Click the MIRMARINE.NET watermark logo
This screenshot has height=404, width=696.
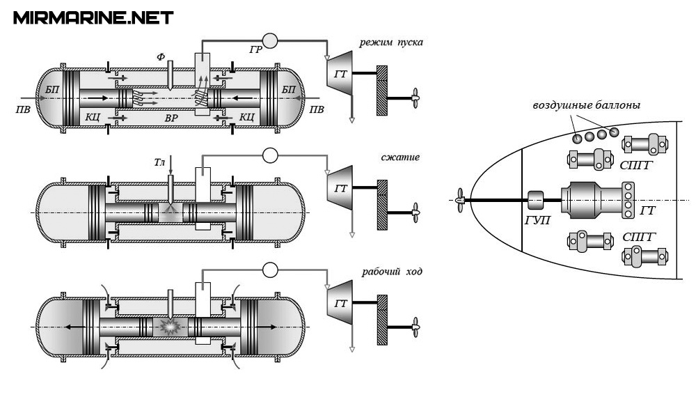pyautogui.click(x=93, y=18)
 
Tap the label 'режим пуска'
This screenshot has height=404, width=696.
pyautogui.click(x=391, y=42)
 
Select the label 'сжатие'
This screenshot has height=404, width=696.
pyautogui.click(x=400, y=157)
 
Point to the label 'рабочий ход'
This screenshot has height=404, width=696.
pyautogui.click(x=392, y=272)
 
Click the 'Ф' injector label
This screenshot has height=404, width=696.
pyautogui.click(x=161, y=56)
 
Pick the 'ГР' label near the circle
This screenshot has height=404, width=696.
pyautogui.click(x=255, y=49)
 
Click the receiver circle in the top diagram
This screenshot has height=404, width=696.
pyautogui.click(x=270, y=41)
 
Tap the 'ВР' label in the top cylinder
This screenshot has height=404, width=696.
pyautogui.click(x=171, y=118)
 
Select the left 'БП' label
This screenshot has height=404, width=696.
pyautogui.click(x=52, y=90)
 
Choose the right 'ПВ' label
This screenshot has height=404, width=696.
pyautogui.click(x=317, y=109)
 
